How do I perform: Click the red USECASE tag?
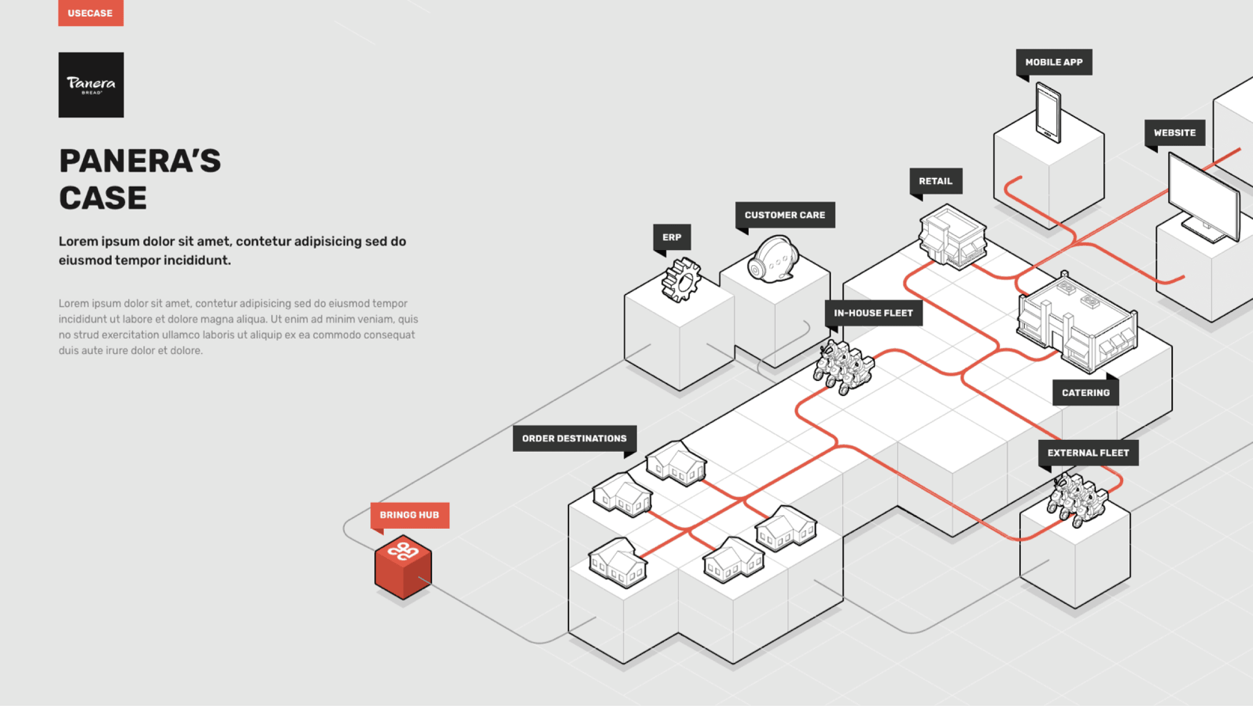tap(90, 12)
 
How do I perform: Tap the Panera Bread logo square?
tap(91, 85)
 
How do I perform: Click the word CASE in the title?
tap(103, 198)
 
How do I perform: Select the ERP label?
tap(672, 238)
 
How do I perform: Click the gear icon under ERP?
tap(681, 280)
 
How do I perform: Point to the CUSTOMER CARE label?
tap(785, 215)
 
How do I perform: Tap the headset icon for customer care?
tap(773, 259)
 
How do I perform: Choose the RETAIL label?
tap(936, 181)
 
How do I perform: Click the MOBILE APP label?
tap(1054, 62)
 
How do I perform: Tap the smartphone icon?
tap(1048, 112)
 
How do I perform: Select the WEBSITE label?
tap(1175, 133)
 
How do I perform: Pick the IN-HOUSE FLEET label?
tap(873, 313)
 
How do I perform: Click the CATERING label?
tap(1086, 393)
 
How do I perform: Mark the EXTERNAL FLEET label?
tap(1088, 453)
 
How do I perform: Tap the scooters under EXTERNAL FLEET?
tap(1077, 500)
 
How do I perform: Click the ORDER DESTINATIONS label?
tap(575, 439)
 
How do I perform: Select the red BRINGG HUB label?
tap(409, 515)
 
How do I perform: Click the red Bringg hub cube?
tap(403, 567)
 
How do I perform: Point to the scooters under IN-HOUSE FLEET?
tap(844, 367)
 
